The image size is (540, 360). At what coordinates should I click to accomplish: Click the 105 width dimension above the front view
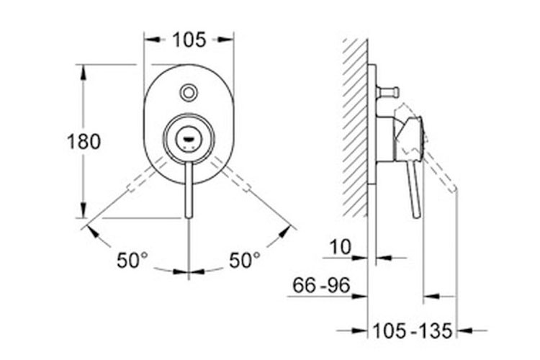pos(189,40)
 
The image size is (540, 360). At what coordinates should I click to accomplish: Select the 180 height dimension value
pos(84,142)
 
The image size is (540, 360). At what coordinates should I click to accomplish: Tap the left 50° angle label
pos(132,260)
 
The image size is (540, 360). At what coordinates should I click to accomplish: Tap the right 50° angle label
pos(245,260)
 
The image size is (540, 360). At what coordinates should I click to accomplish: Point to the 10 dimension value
pos(341,247)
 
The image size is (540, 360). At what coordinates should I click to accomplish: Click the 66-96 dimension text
pos(321,285)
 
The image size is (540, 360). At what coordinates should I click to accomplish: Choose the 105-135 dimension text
pos(412,331)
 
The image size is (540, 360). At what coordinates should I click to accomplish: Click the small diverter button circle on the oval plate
pos(189,93)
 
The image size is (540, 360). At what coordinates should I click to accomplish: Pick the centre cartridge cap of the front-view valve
pos(189,139)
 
